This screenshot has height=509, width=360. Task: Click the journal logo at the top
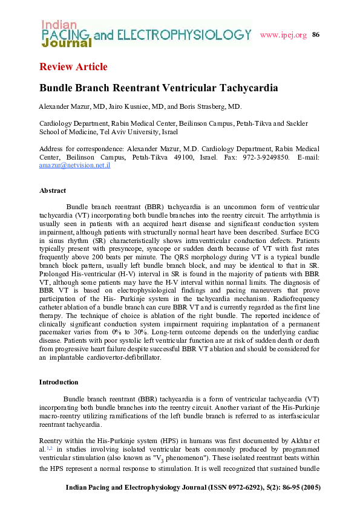pyautogui.click(x=145, y=33)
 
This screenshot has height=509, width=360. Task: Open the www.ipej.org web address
pyautogui.click(x=283, y=34)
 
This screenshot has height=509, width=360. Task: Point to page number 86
pyautogui.click(x=315, y=34)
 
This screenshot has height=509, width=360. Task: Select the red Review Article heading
pyautogui.click(x=73, y=66)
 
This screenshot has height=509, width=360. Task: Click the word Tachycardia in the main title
pyautogui.click(x=244, y=88)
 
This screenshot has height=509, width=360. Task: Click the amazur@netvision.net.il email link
pyautogui.click(x=74, y=165)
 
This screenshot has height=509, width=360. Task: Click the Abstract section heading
pyautogui.click(x=53, y=190)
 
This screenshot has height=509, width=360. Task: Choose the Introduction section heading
pyautogui.click(x=59, y=382)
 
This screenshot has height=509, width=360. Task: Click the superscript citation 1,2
pyautogui.click(x=50, y=448)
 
